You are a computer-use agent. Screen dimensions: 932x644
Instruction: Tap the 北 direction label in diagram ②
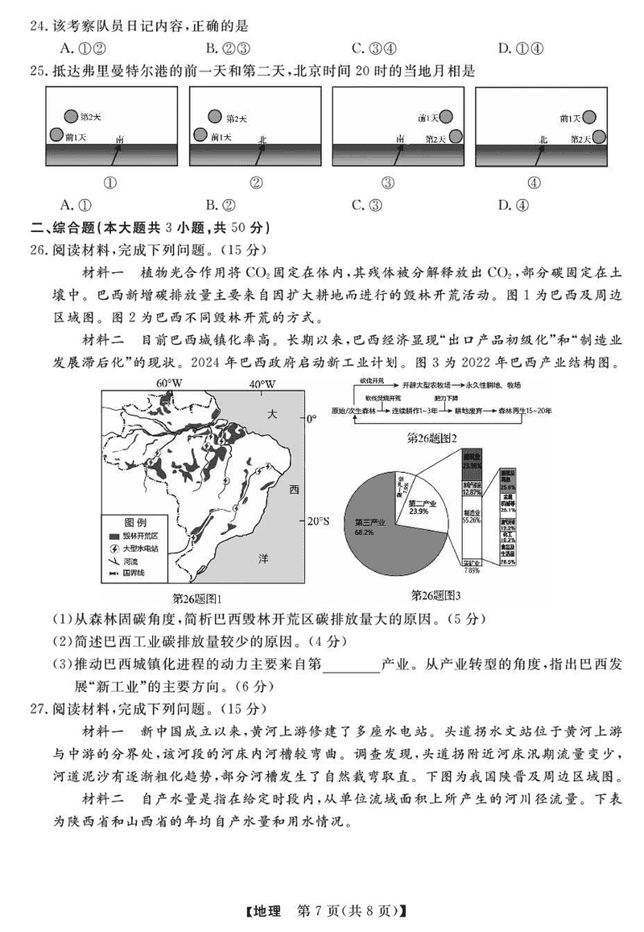(x=262, y=139)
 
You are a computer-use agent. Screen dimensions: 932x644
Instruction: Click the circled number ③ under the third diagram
(x=388, y=182)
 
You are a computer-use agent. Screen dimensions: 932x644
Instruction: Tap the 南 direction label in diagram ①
(x=119, y=139)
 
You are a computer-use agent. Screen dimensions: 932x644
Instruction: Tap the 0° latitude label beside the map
(x=312, y=419)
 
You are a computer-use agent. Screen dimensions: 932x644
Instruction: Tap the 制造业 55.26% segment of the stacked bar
(x=472, y=516)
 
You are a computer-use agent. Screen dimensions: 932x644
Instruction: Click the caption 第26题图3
(x=436, y=595)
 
